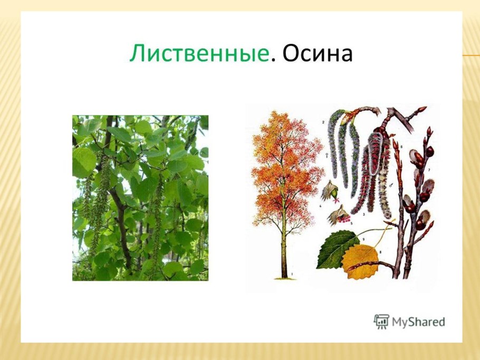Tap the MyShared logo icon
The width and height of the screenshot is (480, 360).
(x=381, y=322)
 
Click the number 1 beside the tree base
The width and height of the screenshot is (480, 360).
(x=292, y=274)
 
